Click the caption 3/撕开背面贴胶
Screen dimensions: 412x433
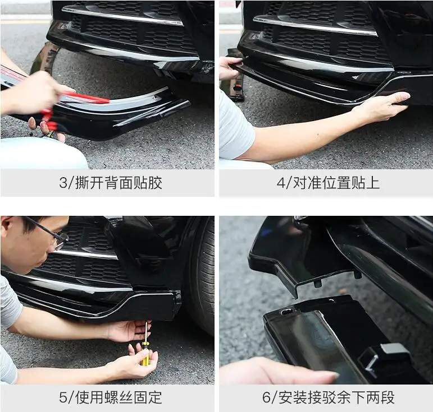(x=110, y=183)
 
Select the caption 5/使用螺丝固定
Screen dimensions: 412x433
(x=110, y=398)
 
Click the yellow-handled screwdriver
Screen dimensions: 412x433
(x=145, y=353)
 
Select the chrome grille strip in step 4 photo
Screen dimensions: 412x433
(x=315, y=25)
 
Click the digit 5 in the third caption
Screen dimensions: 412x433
(x=63, y=398)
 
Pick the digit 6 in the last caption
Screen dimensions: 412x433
(x=267, y=398)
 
